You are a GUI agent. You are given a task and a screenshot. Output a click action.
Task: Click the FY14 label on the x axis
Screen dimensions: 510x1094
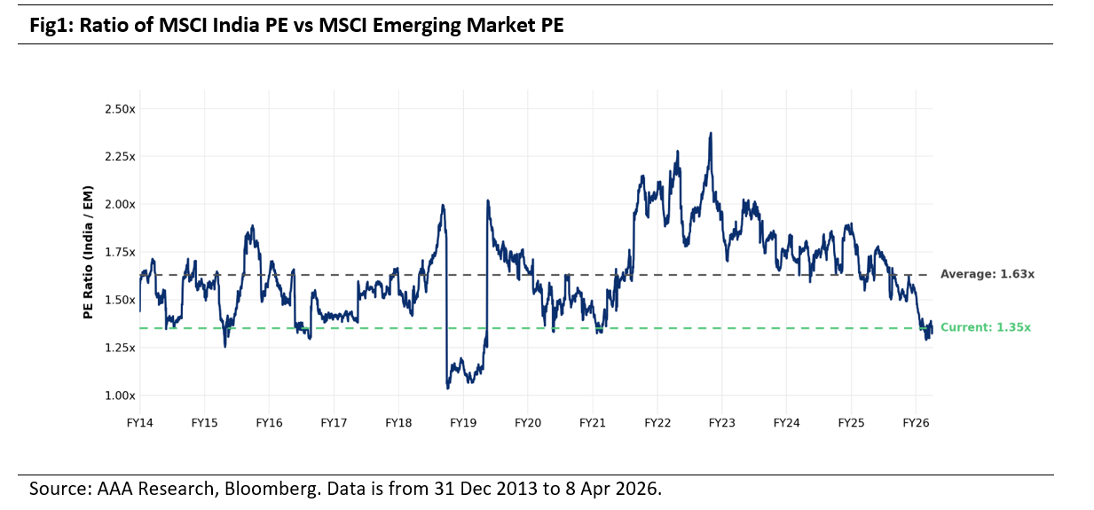[140, 424]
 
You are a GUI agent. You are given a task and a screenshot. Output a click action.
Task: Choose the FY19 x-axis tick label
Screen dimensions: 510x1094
[463, 424]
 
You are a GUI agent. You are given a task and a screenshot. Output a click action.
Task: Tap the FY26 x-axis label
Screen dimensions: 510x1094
[916, 424]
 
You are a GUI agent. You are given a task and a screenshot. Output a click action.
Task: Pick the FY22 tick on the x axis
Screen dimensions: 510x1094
[657, 424]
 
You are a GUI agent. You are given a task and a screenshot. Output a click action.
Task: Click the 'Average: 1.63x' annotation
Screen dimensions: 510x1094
[988, 275]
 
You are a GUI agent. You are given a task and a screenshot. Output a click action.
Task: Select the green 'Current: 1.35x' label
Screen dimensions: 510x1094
[986, 328]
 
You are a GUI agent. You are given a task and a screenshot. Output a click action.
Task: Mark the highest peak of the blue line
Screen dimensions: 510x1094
[711, 134]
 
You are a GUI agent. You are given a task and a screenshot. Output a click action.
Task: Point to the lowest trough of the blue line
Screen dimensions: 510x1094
[448, 388]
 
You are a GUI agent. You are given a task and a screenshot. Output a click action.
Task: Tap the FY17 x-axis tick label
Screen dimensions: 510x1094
[334, 424]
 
